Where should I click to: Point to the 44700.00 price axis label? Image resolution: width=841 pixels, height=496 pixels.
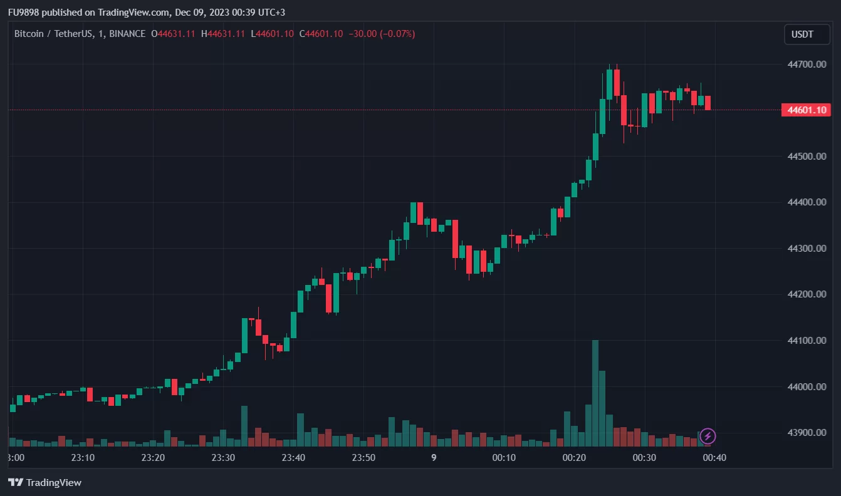point(807,65)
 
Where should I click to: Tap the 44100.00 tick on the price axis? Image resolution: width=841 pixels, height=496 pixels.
point(807,341)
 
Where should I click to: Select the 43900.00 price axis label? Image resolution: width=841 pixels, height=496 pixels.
point(807,433)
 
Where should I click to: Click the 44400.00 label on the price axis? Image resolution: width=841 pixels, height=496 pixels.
point(807,202)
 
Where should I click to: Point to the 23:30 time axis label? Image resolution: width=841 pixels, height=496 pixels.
point(223,458)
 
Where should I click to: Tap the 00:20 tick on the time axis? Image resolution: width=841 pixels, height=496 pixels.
point(574,458)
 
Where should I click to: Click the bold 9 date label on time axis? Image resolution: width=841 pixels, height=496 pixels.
point(434,458)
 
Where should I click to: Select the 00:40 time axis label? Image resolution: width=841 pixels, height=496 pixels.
point(714,458)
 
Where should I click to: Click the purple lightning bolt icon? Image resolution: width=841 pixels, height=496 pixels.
point(708,436)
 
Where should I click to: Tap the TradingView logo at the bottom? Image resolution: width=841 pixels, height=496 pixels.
point(44,482)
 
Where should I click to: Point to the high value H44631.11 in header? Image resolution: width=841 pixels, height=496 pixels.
point(222,34)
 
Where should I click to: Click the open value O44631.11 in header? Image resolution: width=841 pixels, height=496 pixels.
point(174,34)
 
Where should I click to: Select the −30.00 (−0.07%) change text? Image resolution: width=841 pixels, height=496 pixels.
point(382,34)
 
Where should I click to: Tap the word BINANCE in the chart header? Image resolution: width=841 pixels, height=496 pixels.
point(127,34)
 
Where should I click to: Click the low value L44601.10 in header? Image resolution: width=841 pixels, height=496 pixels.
point(272,34)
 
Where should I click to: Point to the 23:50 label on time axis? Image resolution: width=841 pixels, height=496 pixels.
point(363,458)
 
